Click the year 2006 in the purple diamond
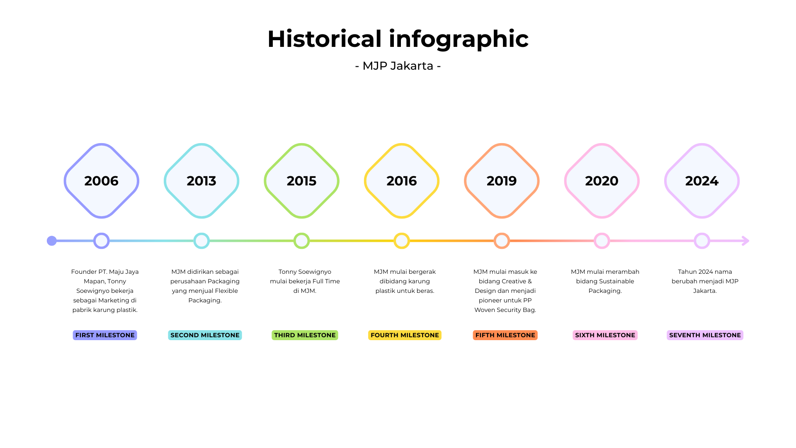[x=101, y=181]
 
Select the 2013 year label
[x=201, y=181]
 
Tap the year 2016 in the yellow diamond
[x=401, y=181]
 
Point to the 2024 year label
[x=701, y=181]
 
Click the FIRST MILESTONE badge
[x=105, y=335]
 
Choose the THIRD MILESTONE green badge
[x=305, y=335]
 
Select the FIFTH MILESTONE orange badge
[x=505, y=335]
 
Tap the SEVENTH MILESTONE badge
[x=705, y=335]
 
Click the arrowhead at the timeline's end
[x=745, y=241]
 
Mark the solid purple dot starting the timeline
[x=52, y=241]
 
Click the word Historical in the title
[x=325, y=39]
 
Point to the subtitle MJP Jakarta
[x=398, y=66]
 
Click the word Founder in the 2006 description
[x=83, y=272]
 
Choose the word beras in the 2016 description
[x=425, y=291]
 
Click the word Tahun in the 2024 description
[x=687, y=272]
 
